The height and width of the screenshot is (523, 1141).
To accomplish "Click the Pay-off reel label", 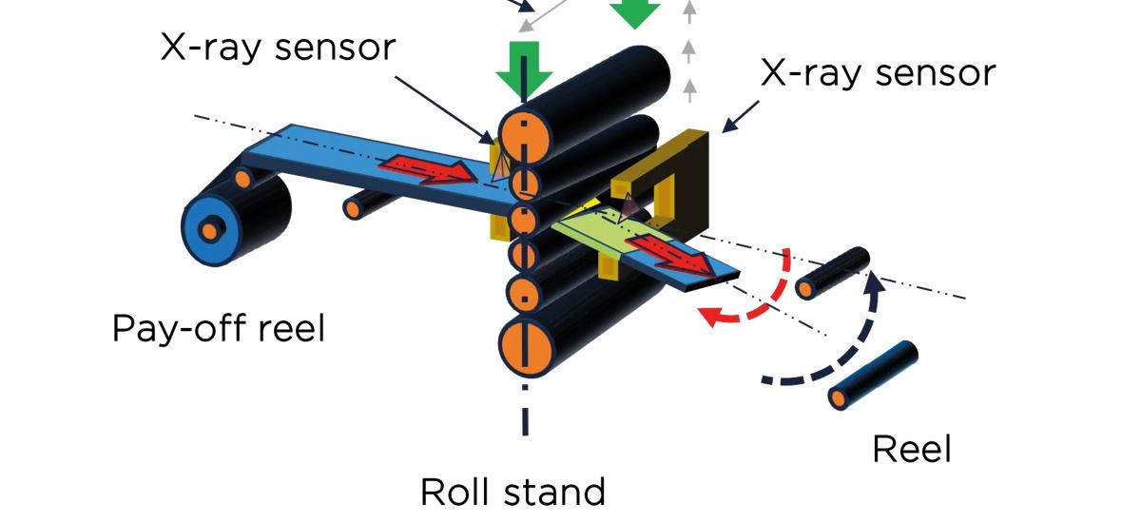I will [x=218, y=329].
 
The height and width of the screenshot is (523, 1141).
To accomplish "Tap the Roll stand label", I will [x=512, y=493].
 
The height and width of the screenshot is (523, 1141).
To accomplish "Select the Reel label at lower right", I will [x=911, y=448].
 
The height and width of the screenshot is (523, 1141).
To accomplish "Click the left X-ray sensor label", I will [x=277, y=47].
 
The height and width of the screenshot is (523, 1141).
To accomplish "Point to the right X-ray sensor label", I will [x=878, y=72].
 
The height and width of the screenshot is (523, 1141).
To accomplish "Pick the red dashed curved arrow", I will [x=761, y=295].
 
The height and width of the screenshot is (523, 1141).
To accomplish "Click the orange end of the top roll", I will [x=524, y=136].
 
